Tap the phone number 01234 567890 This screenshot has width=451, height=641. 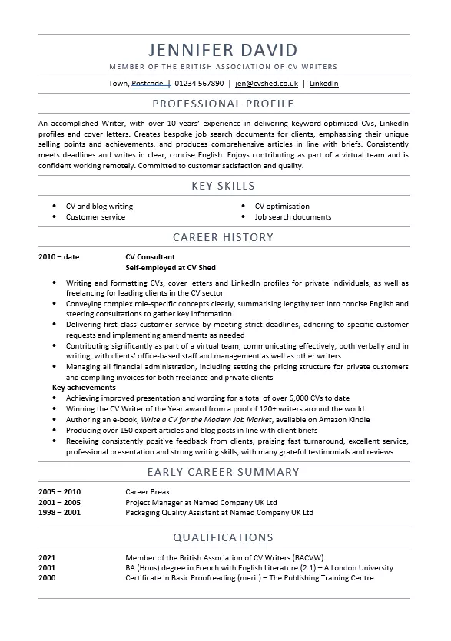click(x=199, y=84)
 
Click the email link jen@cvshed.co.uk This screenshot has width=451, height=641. click(x=267, y=84)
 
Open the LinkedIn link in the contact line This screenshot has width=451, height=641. click(x=323, y=84)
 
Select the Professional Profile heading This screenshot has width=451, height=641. click(x=223, y=104)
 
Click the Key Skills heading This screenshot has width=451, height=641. click(x=223, y=186)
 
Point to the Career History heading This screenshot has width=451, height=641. click(x=223, y=237)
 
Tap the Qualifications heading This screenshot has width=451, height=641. click(x=223, y=537)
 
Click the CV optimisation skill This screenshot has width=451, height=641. click(x=282, y=207)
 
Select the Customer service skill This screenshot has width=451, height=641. click(x=95, y=217)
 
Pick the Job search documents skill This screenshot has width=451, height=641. click(x=293, y=217)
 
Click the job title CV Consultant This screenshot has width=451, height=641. click(x=150, y=257)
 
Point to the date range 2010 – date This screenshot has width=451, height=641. click(x=58, y=257)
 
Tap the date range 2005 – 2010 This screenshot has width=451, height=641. click(x=59, y=491)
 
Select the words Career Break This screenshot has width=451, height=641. click(x=147, y=491)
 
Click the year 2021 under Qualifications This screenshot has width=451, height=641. click(x=47, y=557)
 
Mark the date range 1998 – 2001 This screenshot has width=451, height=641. click(x=59, y=512)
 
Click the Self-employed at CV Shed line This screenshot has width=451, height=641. click(x=170, y=268)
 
